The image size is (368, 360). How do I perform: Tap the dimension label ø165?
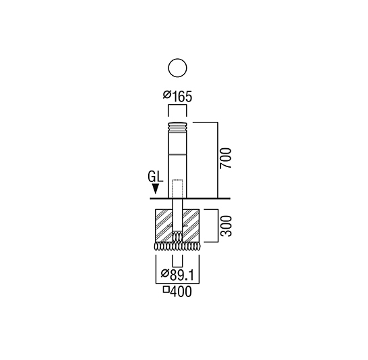177,96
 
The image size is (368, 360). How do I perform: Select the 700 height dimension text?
225,158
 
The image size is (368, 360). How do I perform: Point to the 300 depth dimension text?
226,226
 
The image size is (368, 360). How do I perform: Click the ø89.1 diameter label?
177,275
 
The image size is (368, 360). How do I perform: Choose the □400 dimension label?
177,292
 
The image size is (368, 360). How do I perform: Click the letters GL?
155,177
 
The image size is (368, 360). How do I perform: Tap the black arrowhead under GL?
156,189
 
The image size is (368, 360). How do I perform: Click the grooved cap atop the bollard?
177,127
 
